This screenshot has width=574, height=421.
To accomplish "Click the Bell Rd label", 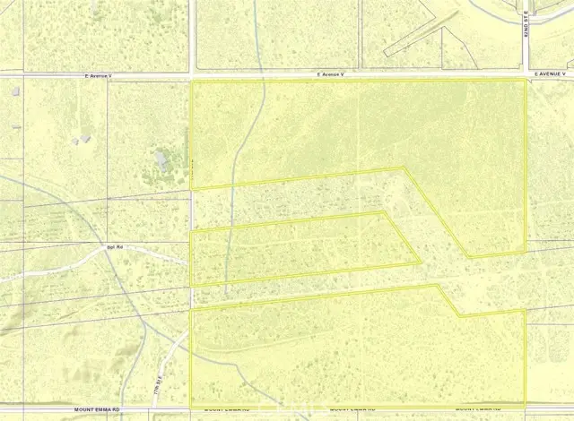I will click(x=115, y=245).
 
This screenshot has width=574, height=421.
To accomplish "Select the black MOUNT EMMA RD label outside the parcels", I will click(x=96, y=409).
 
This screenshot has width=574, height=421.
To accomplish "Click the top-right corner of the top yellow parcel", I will click(x=525, y=81).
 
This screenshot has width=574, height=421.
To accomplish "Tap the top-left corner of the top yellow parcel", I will click(x=193, y=82).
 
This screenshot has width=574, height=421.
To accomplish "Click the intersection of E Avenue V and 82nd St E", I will click(x=526, y=76).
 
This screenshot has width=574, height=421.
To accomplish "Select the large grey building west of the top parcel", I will click(x=162, y=160).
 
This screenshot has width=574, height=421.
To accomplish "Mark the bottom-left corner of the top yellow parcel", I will click(x=193, y=187).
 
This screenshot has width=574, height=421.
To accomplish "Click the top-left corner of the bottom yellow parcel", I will click(x=193, y=311).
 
